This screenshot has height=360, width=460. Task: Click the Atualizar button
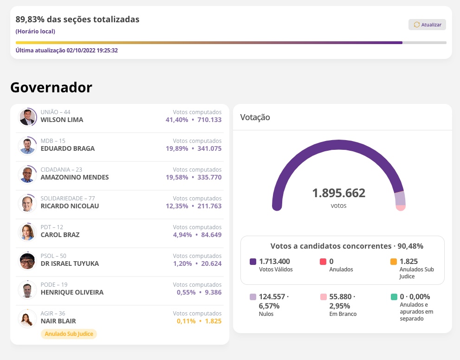pyautogui.click(x=427, y=25)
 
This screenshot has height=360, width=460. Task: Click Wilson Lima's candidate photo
pyautogui.click(x=28, y=117)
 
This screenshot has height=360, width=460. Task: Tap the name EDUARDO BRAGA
pyautogui.click(x=68, y=148)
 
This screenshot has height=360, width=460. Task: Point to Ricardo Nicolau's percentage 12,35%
pyautogui.click(x=177, y=206)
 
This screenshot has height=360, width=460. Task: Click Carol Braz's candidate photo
pyautogui.click(x=27, y=232)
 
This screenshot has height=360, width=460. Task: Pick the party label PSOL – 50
pyautogui.click(x=53, y=256)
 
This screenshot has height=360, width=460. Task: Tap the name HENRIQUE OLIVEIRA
pyautogui.click(x=72, y=292)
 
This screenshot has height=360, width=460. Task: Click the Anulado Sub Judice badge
pyautogui.click(x=69, y=334)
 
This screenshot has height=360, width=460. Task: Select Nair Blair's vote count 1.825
pyautogui.click(x=213, y=321)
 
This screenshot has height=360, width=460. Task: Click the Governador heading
pyautogui.click(x=51, y=87)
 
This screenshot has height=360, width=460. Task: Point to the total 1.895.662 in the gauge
pyautogui.click(x=338, y=193)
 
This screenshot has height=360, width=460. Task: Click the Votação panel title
pyautogui.click(x=255, y=117)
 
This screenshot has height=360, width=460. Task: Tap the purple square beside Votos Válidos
pyautogui.click(x=253, y=262)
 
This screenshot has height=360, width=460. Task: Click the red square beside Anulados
pyautogui.click(x=323, y=262)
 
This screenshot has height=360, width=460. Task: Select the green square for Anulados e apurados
pyautogui.click(x=394, y=297)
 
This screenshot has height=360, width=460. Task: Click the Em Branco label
pyautogui.click(x=340, y=314)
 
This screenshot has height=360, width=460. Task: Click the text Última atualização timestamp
pyautogui.click(x=67, y=50)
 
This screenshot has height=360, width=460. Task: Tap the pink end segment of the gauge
pyautogui.click(x=401, y=207)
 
